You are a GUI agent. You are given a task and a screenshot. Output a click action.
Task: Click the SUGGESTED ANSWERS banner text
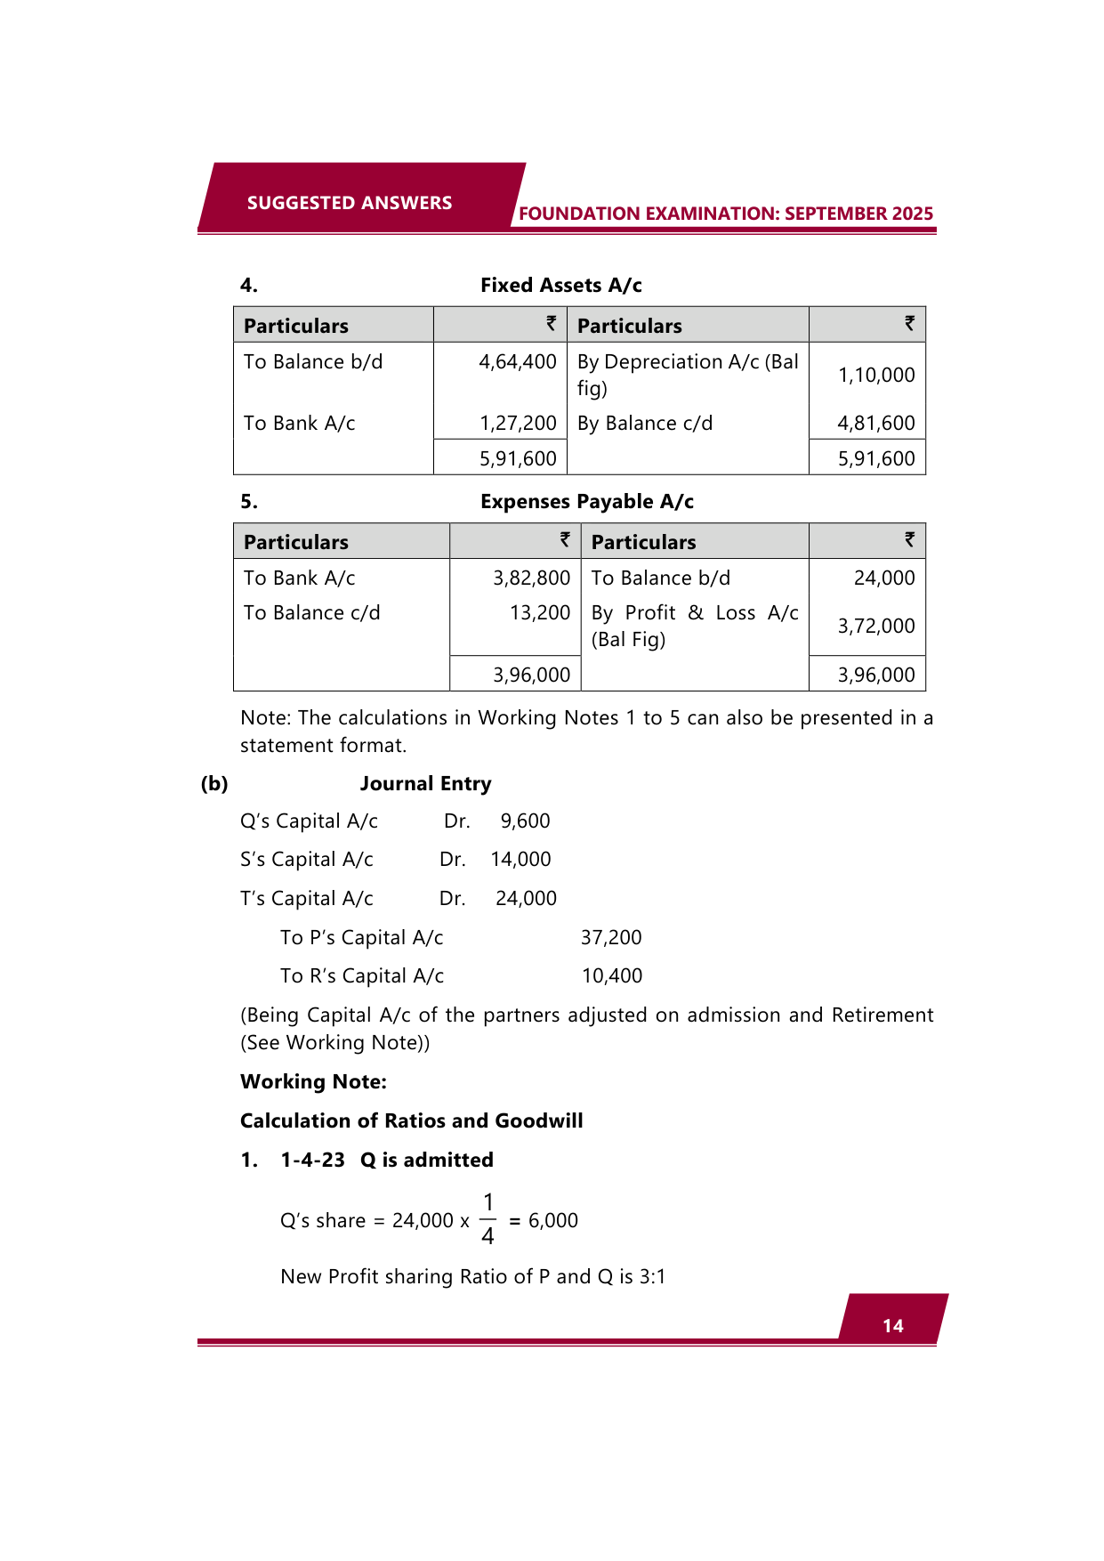[x=349, y=203]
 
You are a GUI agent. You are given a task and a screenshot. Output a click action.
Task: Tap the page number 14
[x=892, y=1326]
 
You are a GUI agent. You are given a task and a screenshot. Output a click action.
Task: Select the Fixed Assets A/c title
[x=560, y=286]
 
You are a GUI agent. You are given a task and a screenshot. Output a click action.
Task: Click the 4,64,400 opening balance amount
[x=517, y=362]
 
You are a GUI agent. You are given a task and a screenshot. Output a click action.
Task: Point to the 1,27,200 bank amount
[x=517, y=424]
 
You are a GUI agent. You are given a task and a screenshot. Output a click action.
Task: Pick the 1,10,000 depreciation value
[x=875, y=376]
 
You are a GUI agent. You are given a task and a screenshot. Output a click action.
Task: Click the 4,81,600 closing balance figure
[x=875, y=424]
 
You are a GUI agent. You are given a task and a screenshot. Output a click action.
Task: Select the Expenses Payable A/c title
[x=586, y=502]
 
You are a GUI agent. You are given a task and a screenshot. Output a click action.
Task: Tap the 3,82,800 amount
[x=531, y=578]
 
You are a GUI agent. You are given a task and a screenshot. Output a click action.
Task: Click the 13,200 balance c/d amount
[x=539, y=613]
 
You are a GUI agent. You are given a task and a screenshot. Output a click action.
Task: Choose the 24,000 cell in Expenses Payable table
[x=883, y=578]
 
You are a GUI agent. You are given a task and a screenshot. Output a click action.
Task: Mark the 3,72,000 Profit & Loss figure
[x=875, y=627]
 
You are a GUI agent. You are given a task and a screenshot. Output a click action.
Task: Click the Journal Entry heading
[x=425, y=784]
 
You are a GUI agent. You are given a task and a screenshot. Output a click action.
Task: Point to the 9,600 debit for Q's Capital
[x=525, y=821]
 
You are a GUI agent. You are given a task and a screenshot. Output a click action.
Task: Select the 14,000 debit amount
[x=520, y=860]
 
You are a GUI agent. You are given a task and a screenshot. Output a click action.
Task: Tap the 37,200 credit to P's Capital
[x=610, y=938]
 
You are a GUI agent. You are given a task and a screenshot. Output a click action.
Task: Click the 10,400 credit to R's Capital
[x=611, y=976]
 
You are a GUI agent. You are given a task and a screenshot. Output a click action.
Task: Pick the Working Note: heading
[x=313, y=1082]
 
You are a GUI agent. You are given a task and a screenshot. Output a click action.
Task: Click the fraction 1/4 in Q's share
[x=488, y=1220]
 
